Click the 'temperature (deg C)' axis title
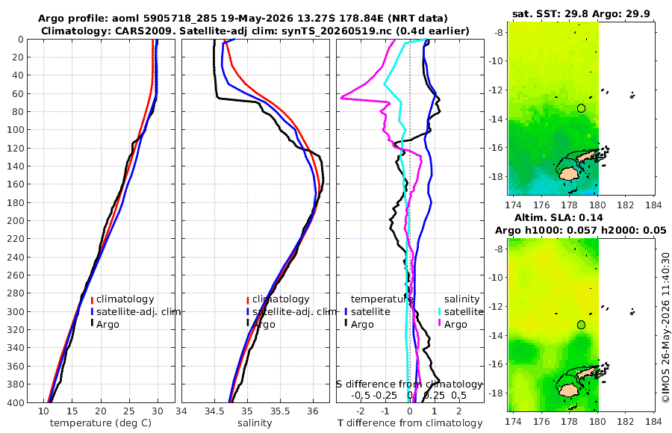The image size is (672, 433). (101, 423)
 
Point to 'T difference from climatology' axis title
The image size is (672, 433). (410, 423)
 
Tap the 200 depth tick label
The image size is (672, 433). (16, 220)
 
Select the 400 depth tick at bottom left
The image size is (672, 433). (16, 402)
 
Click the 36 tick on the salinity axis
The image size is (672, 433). (313, 411)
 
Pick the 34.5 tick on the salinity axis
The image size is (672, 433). (214, 411)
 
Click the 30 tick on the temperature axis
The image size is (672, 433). (158, 411)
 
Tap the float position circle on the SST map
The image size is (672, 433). (581, 108)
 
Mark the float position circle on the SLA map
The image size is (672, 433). (581, 325)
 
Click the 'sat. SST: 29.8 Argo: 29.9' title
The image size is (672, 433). (581, 13)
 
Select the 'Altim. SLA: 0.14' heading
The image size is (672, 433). (559, 217)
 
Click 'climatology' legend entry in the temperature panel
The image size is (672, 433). (125, 299)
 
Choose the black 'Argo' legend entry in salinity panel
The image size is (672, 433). (261, 324)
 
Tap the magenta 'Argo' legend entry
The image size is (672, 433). (453, 324)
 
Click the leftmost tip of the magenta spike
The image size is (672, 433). (341, 99)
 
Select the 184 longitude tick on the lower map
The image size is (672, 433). (653, 421)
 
